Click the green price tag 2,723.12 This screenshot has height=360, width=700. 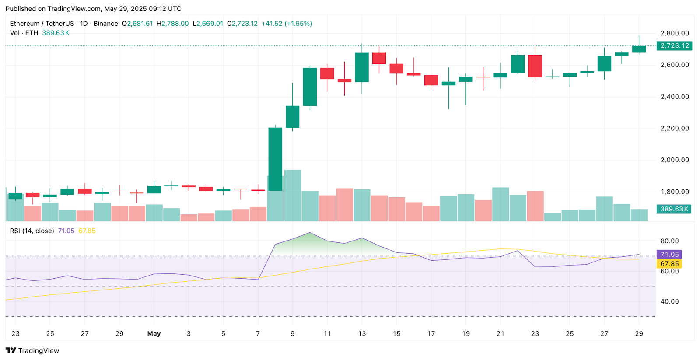tap(674, 45)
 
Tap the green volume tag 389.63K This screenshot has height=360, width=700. tap(674, 209)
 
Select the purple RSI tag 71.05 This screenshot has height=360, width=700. tap(669, 255)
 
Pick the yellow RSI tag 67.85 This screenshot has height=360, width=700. tap(669, 264)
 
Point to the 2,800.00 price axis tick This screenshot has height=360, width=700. tap(675, 33)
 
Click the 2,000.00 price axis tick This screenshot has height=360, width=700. tap(675, 160)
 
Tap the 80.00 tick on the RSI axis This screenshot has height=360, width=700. tap(669, 241)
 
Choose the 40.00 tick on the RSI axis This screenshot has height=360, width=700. tap(669, 301)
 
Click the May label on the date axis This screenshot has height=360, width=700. tap(154, 333)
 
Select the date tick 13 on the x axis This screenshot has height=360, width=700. tap(362, 333)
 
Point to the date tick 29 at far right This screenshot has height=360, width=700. tap(639, 333)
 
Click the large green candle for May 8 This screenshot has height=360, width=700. tap(275, 159)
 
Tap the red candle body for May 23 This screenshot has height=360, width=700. tap(535, 66)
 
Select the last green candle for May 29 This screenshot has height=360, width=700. tap(639, 49)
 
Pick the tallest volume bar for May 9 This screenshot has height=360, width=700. tap(293, 195)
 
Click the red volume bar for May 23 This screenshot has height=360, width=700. tap(535, 206)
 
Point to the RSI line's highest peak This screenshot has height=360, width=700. tap(310, 233)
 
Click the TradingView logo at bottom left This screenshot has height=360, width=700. tap(32, 350)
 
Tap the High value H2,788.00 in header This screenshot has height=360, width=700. tap(173, 24)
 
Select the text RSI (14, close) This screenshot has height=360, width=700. tap(32, 231)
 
